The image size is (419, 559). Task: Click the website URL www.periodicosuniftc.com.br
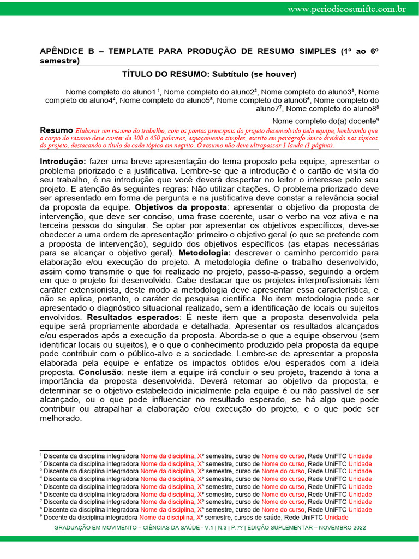tap(346, 9)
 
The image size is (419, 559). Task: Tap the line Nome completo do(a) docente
tap(325, 121)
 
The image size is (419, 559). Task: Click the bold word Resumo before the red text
tap(57, 130)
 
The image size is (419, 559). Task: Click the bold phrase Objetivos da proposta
tap(181, 207)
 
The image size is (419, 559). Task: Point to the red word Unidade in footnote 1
tap(360, 456)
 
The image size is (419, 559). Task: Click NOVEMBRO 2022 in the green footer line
tap(339, 528)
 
